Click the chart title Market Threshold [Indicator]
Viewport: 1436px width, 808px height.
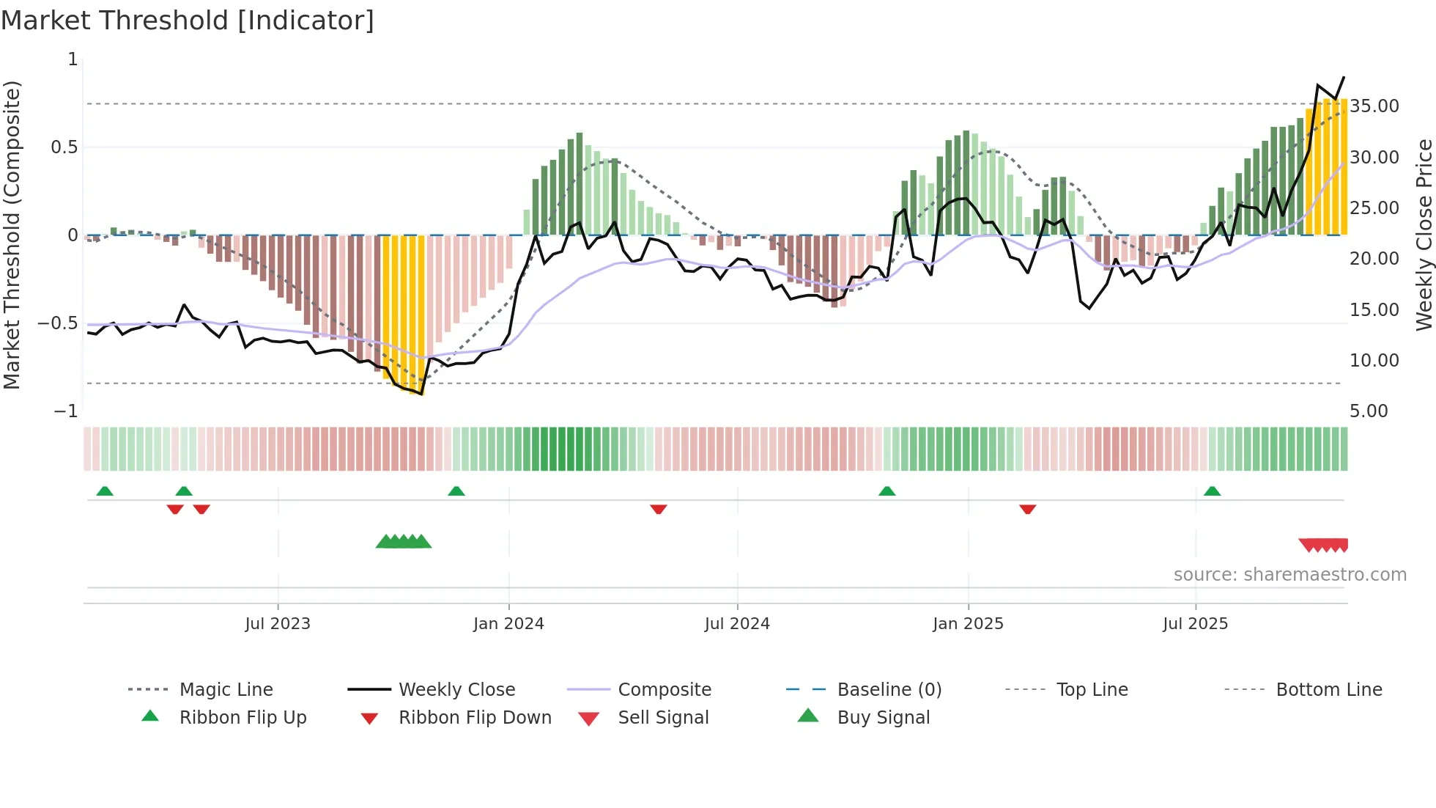pyautogui.click(x=188, y=21)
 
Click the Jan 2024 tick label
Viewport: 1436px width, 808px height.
pyautogui.click(x=508, y=623)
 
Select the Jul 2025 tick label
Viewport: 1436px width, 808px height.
pyautogui.click(x=1195, y=623)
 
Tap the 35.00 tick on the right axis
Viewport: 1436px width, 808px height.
pyautogui.click(x=1374, y=106)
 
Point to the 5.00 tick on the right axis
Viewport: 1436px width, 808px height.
pyautogui.click(x=1369, y=411)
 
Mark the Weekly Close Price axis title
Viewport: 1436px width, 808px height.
pyautogui.click(x=1424, y=235)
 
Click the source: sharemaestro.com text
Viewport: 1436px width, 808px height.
pyautogui.click(x=1289, y=574)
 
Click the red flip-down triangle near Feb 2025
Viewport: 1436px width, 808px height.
pyautogui.click(x=1027, y=508)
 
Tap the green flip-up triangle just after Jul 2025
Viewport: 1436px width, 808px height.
pyautogui.click(x=1212, y=491)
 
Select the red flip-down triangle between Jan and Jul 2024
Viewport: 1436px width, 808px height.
pyautogui.click(x=658, y=508)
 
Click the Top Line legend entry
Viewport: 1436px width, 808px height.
pyautogui.click(x=1092, y=689)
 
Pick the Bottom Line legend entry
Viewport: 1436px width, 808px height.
pyautogui.click(x=1328, y=689)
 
